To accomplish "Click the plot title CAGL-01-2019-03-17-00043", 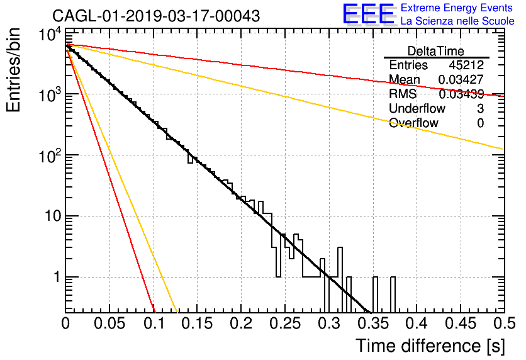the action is [156, 16].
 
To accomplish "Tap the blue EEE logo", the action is [368, 14].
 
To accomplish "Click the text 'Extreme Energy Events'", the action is [457, 8].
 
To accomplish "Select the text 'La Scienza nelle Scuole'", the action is [457, 21].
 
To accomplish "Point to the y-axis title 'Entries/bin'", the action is [13, 70].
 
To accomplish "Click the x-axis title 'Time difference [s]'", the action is [430, 346].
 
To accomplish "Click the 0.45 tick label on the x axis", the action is [461, 323].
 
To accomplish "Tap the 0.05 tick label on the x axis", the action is [109, 323].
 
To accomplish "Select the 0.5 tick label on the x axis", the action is [504, 323].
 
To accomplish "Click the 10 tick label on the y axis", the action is [53, 216].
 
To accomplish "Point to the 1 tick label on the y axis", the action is [57, 277].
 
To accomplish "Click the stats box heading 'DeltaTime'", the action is [436, 51].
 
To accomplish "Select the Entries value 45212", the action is [466, 65].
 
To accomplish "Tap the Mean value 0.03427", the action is [461, 79].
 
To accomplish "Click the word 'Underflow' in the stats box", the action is [417, 108].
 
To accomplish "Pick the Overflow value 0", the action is [480, 123].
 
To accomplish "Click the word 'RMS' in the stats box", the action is [403, 94].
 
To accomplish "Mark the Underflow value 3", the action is [480, 108].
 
